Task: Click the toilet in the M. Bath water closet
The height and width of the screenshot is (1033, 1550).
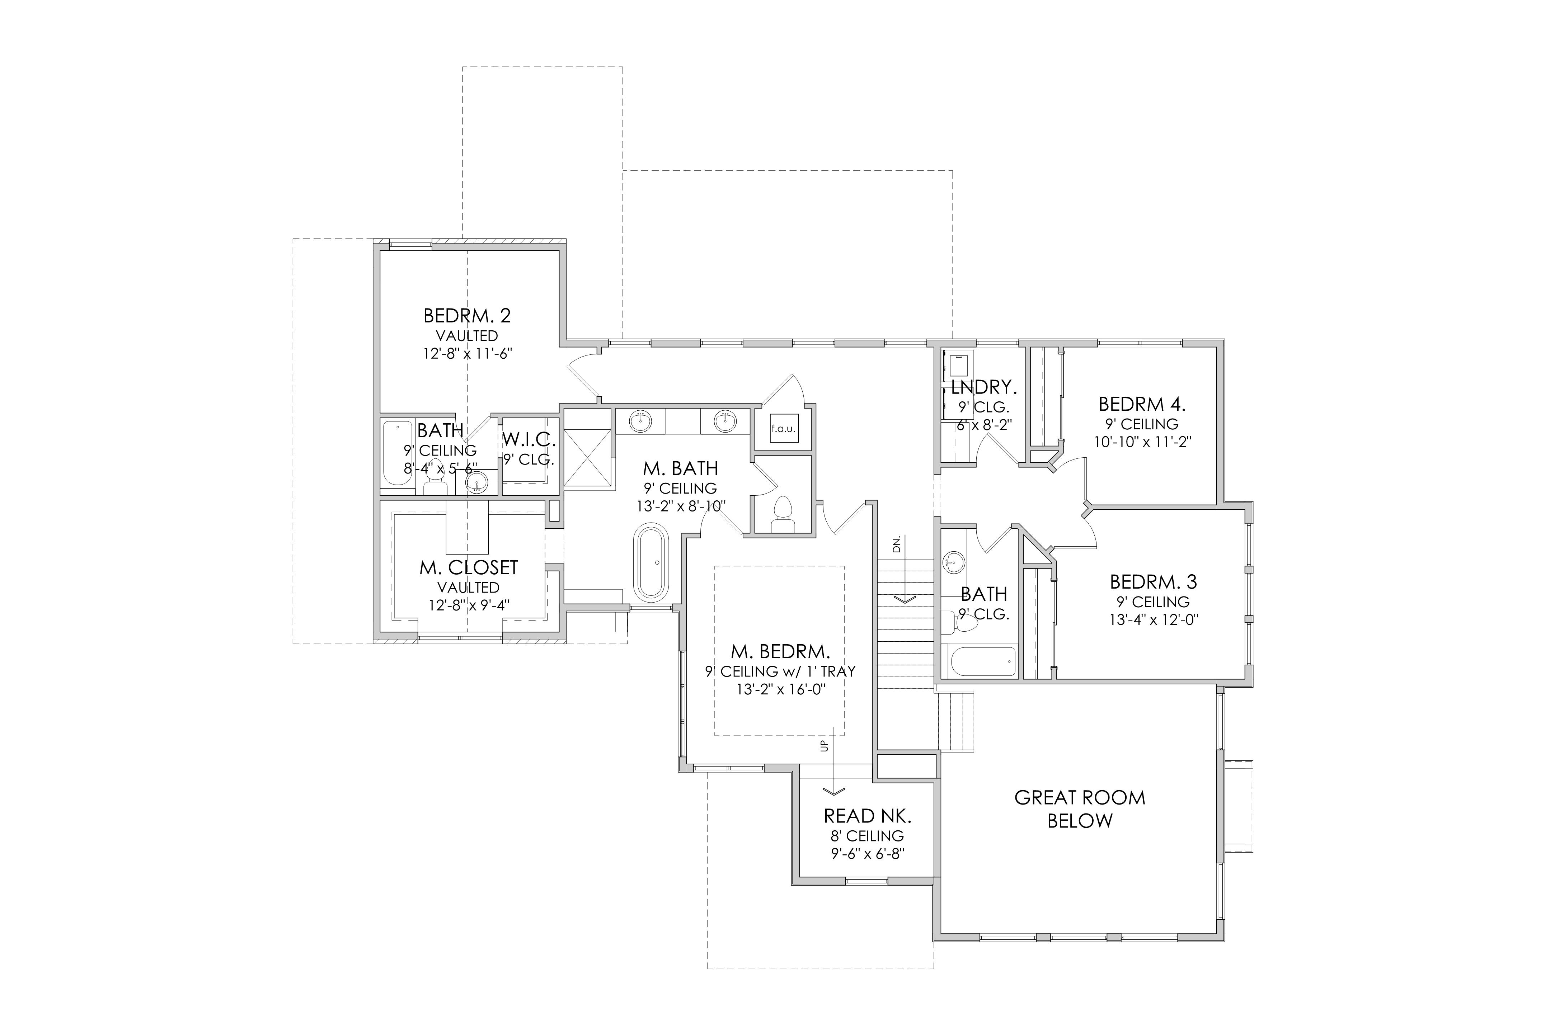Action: [783, 514]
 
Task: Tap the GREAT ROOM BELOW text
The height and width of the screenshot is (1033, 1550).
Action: [1080, 809]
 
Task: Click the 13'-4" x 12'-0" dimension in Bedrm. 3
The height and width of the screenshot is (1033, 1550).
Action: [1153, 620]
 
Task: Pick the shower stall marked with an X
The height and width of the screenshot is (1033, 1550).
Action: [588, 449]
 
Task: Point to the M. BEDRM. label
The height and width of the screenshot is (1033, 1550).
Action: [780, 652]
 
